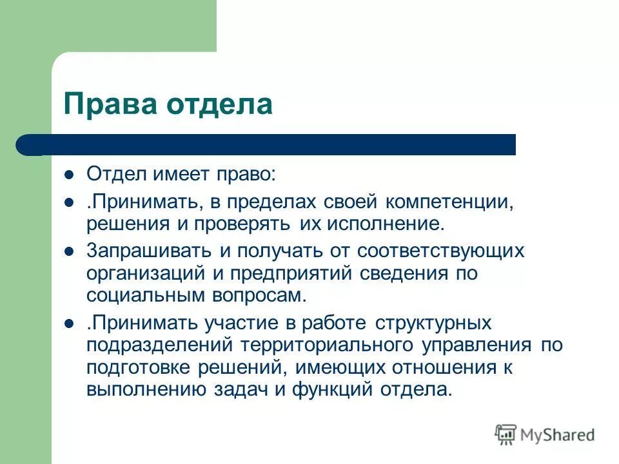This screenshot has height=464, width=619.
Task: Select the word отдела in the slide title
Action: click(x=220, y=104)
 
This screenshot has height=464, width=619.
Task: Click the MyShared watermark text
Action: click(x=558, y=434)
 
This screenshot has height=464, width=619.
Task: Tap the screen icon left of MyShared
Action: click(x=506, y=434)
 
